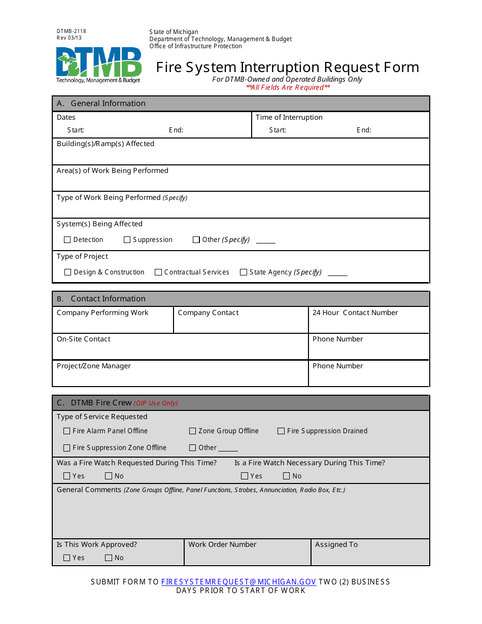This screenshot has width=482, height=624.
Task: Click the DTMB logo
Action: pos(98,64)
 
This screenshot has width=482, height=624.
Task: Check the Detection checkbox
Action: pos(67,240)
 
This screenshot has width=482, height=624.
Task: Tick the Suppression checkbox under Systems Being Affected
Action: pos(127,240)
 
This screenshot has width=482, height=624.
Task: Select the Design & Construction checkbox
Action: pos(68,272)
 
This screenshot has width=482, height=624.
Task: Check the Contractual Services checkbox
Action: pos(158,272)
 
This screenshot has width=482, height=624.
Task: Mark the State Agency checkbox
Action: pos(244,272)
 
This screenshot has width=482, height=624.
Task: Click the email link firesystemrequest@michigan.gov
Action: pos(238,582)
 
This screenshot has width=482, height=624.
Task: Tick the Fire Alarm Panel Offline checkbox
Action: pos(67,431)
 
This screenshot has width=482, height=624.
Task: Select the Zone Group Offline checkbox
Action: pos(192,431)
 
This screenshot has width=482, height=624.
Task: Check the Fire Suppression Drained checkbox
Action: pos(281,431)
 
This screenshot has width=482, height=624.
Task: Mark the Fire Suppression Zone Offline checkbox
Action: pos(67,448)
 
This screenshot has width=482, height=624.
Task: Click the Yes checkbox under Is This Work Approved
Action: pos(67,558)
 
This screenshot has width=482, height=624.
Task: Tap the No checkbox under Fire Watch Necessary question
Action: pos(286,476)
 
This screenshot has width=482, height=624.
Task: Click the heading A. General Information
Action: pos(101,103)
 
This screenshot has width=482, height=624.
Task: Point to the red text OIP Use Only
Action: pos(156,403)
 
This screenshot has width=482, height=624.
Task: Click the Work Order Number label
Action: pos(222,545)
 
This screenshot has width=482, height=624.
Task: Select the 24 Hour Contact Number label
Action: pos(355,313)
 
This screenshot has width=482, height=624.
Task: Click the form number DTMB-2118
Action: pos(72,31)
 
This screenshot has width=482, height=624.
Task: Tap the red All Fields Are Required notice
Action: pos(288,87)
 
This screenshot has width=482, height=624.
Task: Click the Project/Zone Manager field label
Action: pos(94,366)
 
